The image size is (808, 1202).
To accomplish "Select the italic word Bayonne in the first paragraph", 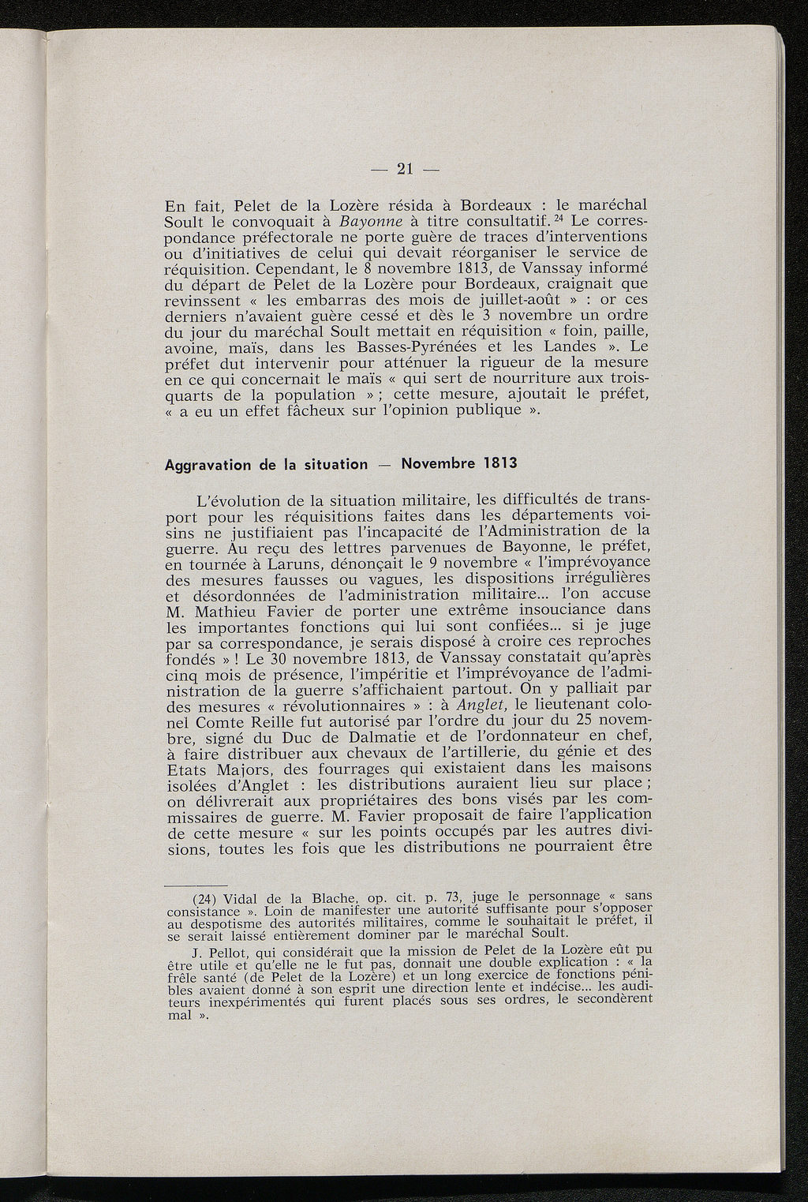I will pos(364,220).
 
